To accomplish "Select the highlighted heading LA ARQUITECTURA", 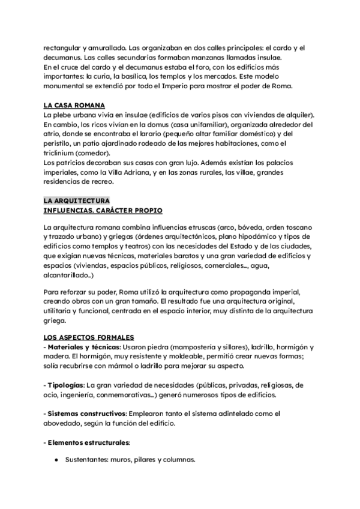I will (x=76, y=200).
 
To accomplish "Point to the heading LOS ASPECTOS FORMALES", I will (x=89, y=337).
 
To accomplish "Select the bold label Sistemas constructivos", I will (x=86, y=414).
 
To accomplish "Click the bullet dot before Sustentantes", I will (x=56, y=460).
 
